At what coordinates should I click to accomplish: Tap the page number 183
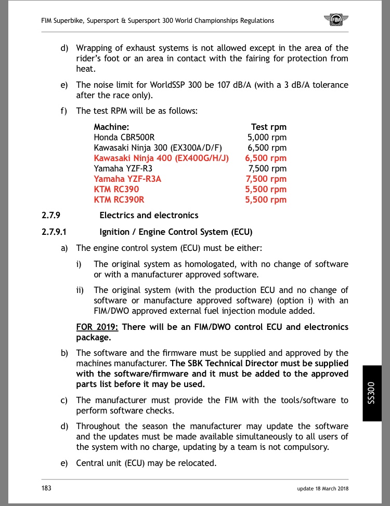click(46, 488)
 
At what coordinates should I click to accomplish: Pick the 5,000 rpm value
click(267, 137)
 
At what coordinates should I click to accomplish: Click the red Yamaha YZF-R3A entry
click(128, 179)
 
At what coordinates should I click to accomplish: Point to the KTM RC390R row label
click(119, 199)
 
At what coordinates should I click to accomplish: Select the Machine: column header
click(111, 127)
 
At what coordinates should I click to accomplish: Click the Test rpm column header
click(268, 127)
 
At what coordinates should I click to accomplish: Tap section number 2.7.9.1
click(58, 232)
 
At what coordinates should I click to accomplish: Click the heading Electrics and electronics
click(149, 215)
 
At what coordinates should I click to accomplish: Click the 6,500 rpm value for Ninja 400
click(266, 158)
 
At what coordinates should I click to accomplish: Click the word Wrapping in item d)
click(95, 48)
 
